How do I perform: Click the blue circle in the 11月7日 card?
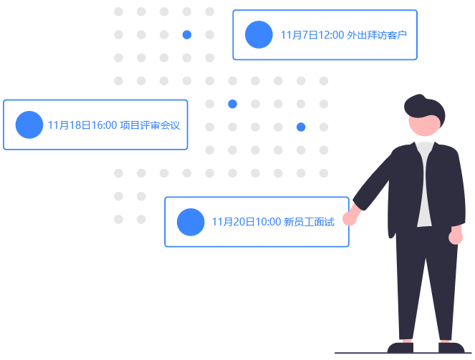(x=259, y=34)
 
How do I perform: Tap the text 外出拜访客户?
(x=377, y=34)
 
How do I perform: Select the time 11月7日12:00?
(x=312, y=34)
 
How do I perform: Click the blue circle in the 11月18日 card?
(x=29, y=125)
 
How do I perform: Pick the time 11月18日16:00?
(x=82, y=125)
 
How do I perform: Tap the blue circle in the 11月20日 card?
(x=191, y=222)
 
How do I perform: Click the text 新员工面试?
(x=309, y=222)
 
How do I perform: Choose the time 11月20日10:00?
(x=246, y=222)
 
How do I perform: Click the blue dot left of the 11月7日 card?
(x=187, y=34)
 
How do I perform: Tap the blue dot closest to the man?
(x=301, y=127)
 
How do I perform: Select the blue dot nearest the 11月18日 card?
(x=232, y=104)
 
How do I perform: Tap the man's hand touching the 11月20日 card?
(x=350, y=217)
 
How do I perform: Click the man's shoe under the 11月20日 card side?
(x=400, y=346)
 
